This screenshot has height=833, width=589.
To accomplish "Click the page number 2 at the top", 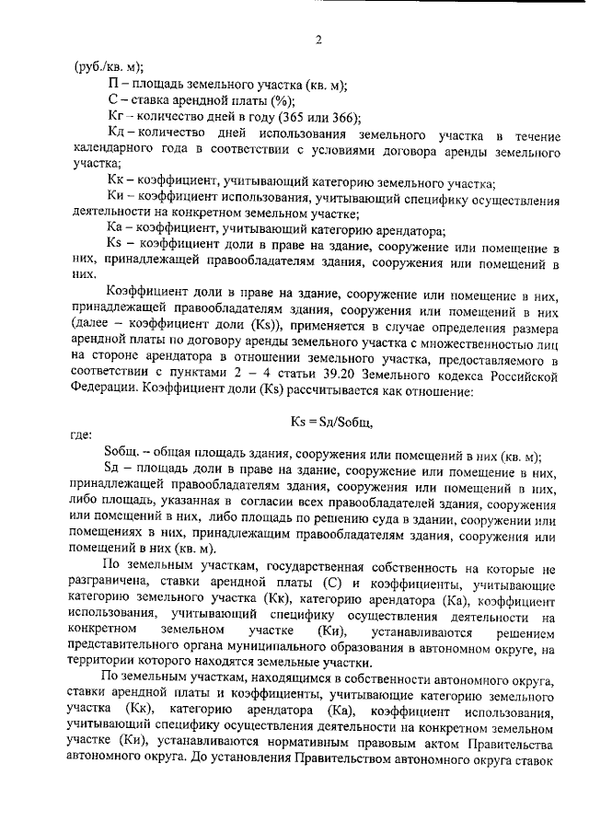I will click(x=318, y=40).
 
